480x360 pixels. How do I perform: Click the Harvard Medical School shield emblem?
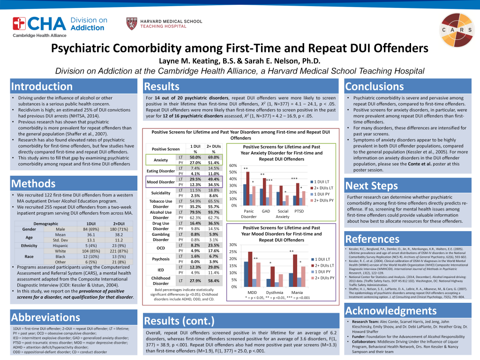click(x=132, y=23)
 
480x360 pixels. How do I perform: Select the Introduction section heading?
click(x=42, y=87)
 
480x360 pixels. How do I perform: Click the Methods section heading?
click(x=33, y=183)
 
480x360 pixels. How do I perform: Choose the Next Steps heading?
click(x=372, y=186)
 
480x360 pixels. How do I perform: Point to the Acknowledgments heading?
click(x=391, y=311)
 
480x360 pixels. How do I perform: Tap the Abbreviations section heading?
click(x=45, y=317)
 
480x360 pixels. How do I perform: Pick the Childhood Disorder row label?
click(x=161, y=281)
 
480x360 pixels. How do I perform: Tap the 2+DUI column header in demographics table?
click(x=119, y=224)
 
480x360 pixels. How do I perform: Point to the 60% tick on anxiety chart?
click(x=233, y=166)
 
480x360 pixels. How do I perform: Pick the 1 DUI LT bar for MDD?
click(x=246, y=274)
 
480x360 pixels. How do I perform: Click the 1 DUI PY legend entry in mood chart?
click(x=322, y=271)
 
